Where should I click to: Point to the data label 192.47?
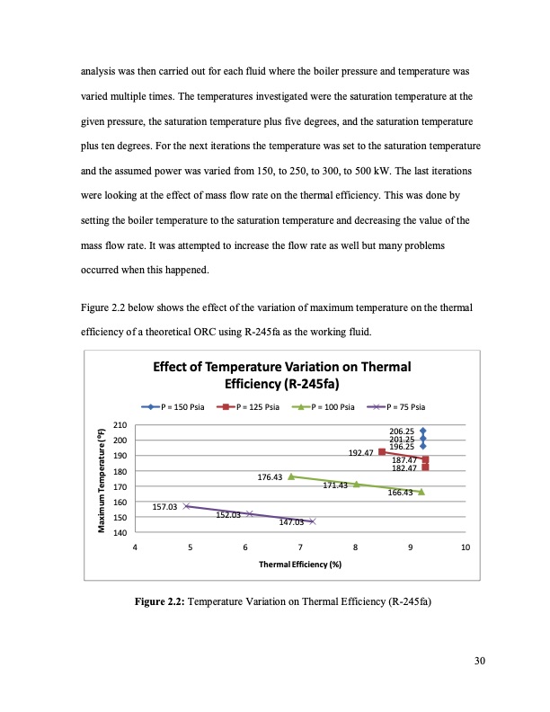(360, 453)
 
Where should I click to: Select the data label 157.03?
(164, 507)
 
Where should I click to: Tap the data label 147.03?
(290, 521)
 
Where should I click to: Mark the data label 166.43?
(400, 493)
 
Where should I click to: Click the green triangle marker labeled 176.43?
(291, 476)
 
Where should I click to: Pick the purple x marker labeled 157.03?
(186, 506)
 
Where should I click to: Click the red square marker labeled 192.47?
(382, 451)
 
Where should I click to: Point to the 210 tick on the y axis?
(119, 425)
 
